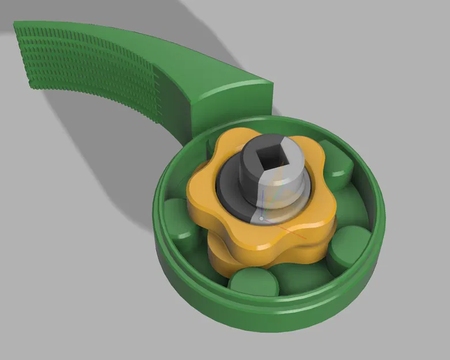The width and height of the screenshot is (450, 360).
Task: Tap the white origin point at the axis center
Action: pos(262,219)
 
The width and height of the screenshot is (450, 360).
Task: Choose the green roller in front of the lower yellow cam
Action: pos(254,282)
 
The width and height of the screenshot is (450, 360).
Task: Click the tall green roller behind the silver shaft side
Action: pos(334,156)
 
